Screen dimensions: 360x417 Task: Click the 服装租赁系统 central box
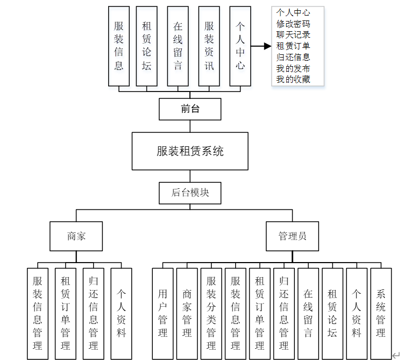coord(190,151)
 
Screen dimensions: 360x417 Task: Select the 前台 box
coord(190,109)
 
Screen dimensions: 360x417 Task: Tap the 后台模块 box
coord(190,193)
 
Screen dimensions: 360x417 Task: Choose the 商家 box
coord(76,236)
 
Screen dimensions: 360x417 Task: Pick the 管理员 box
coord(292,236)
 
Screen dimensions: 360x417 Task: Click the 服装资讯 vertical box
coord(209,46)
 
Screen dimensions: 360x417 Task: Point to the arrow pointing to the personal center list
coord(261,46)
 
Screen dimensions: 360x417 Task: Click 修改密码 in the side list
coord(293,24)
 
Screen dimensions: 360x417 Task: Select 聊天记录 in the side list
coord(293,35)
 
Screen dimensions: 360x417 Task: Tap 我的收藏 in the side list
coord(293,80)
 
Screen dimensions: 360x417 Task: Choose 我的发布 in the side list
coord(293,68)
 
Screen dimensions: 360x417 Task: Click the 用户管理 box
coord(163,313)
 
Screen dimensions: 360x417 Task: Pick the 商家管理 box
coord(187,313)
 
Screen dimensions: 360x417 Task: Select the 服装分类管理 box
coord(211,313)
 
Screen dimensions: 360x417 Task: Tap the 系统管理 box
coord(381,313)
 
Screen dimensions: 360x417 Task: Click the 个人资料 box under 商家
coord(121,313)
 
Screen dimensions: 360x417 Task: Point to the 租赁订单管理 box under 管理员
coord(260,313)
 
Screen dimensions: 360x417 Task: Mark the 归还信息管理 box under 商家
coord(93,313)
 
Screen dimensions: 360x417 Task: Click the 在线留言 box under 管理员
coord(308,313)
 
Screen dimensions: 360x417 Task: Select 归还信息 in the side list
coord(293,57)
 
